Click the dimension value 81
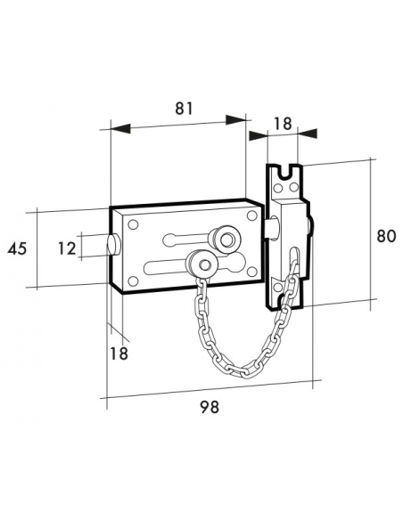[x=184, y=109]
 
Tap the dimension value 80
[x=385, y=237]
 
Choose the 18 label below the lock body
[x=118, y=353]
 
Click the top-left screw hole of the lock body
[x=132, y=223]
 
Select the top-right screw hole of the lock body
[x=252, y=216]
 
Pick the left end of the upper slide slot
[x=167, y=239]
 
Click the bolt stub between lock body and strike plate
[x=267, y=232]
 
